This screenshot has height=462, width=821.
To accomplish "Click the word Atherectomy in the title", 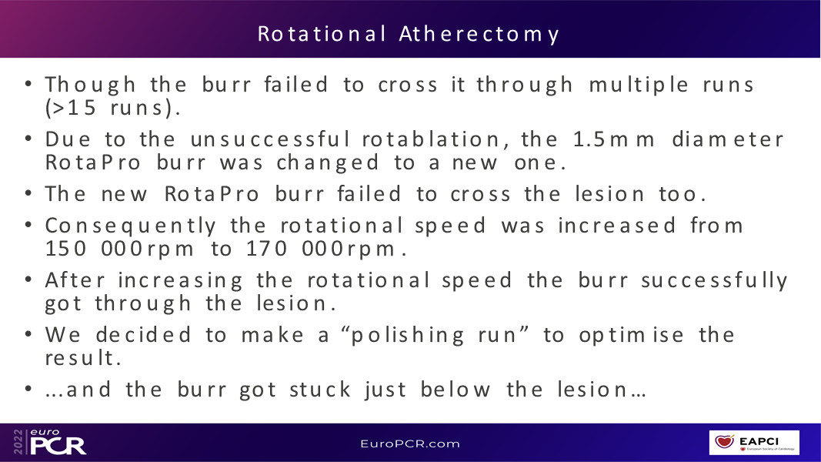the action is [479, 35].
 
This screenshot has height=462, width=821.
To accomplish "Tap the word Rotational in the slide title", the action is [322, 34].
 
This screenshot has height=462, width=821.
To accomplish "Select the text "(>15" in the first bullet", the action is [71, 108].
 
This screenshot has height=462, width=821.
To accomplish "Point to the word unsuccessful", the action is [269, 139].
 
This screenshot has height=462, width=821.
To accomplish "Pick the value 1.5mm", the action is [613, 139].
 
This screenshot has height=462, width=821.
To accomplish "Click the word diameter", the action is [728, 139].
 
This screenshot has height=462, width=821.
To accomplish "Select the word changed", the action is [327, 162].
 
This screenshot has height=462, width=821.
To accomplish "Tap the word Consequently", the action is [130, 226].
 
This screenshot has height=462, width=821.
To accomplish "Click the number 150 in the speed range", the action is [65, 248].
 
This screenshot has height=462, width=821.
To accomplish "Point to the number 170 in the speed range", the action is [266, 248].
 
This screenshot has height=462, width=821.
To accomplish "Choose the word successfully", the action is [714, 281].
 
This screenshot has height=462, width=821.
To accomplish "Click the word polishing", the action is [407, 335].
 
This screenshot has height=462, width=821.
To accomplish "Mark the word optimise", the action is [631, 335].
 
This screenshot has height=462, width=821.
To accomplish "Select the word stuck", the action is [320, 390].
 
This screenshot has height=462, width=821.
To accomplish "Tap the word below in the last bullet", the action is [455, 390].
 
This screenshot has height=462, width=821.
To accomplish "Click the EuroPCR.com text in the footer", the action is [410, 444].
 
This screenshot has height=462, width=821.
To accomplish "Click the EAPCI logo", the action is [754, 443].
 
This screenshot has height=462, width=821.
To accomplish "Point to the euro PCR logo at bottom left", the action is [50, 442].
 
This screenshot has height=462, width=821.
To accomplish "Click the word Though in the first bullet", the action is [91, 85].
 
